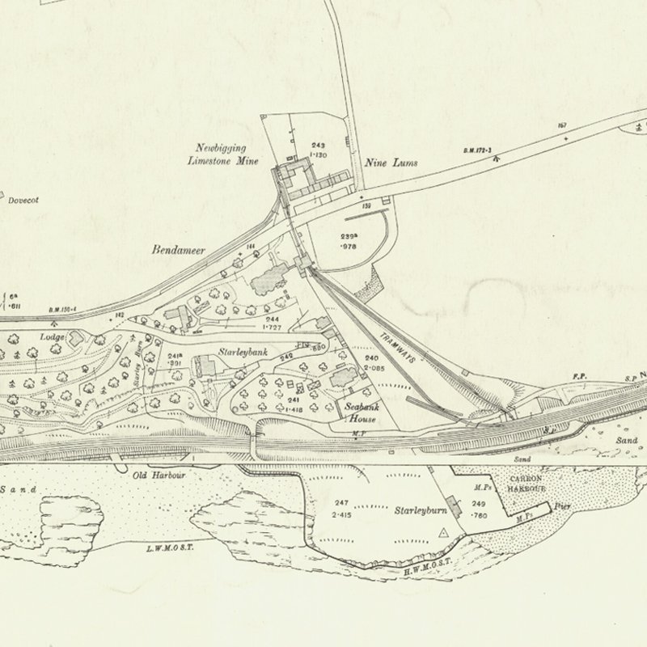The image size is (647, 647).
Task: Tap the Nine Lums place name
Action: tap(391, 163)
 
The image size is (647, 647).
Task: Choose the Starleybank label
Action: tap(243, 354)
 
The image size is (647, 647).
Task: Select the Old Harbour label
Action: tap(159, 476)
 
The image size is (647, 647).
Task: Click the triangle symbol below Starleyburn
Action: tap(442, 533)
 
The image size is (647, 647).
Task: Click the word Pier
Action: tap(564, 508)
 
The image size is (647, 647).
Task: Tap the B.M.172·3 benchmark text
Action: tap(479, 150)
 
